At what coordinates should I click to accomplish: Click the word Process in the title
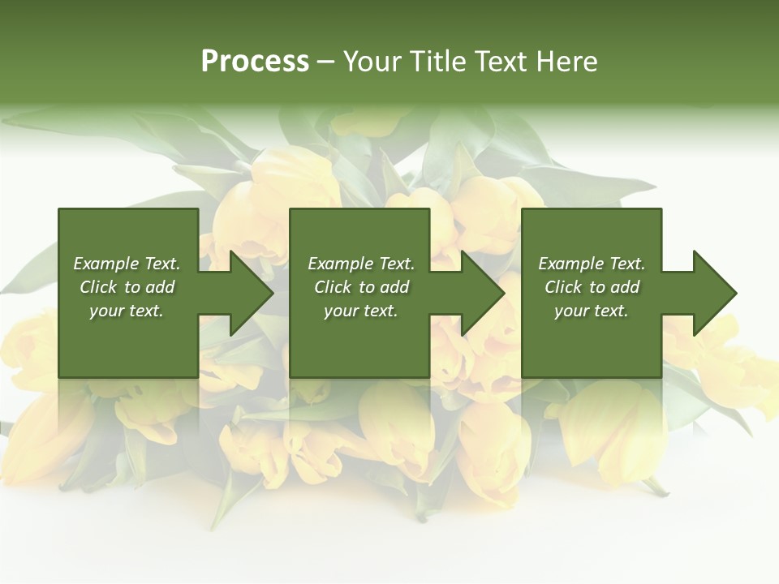tap(255, 62)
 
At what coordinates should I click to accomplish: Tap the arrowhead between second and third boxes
tap(482, 293)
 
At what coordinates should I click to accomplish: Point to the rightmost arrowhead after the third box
tap(714, 293)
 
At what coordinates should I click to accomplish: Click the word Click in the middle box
tap(333, 287)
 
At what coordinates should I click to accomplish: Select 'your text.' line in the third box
tap(591, 311)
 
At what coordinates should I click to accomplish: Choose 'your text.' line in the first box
tap(126, 311)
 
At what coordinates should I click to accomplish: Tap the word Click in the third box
tap(563, 287)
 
